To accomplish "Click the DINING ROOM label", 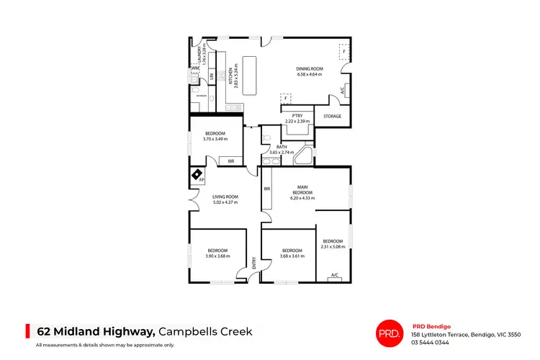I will [x=310, y=69].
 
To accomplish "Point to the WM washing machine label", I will [x=194, y=68].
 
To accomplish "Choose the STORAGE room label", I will [x=332, y=116].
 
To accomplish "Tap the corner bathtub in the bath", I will [x=305, y=156].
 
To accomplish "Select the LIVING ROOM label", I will [x=225, y=197].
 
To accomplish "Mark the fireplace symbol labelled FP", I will [x=197, y=175].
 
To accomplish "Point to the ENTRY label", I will [x=254, y=265].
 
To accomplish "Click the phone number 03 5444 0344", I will [x=430, y=342].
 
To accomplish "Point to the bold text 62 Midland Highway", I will [x=96, y=331].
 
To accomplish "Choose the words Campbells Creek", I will [x=205, y=331].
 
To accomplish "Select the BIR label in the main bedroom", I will [x=267, y=189].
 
